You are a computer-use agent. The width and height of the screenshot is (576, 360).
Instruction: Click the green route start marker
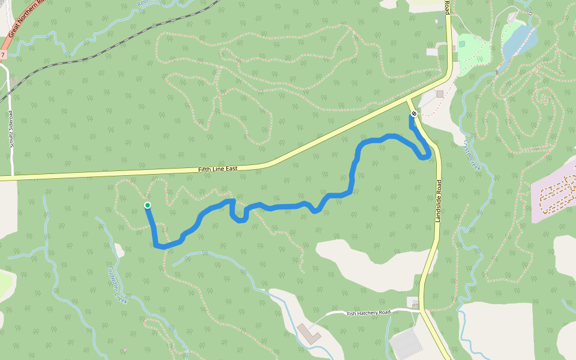coord(148,205)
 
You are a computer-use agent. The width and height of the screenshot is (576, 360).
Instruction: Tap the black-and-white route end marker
coord(413,114)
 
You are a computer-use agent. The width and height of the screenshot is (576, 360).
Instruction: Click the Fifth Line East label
coord(218,169)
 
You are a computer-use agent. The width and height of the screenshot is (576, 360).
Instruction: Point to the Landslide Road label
coord(439,202)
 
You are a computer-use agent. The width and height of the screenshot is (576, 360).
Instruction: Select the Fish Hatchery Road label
coord(368,313)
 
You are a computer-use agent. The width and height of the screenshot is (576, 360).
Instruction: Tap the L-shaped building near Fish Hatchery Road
coord(309,333)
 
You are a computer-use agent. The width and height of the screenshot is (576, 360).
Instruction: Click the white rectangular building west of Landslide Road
coord(432,52)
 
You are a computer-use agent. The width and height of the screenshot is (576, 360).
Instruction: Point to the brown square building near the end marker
coord(440,94)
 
